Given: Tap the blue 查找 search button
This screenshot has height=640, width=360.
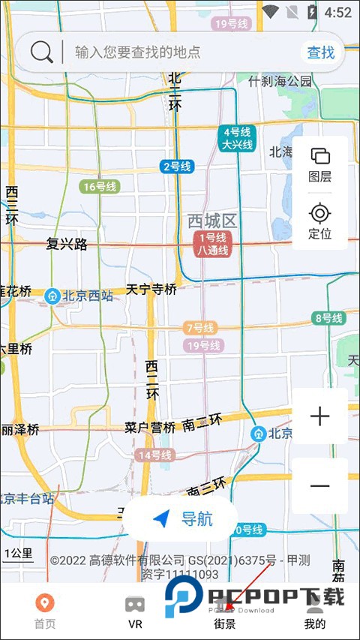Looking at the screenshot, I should tap(321, 53).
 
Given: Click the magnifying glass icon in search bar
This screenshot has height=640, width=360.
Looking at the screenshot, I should tap(42, 53).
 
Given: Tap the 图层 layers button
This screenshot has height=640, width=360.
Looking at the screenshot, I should tap(320, 164).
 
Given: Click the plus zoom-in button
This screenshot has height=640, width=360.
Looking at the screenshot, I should tap(320, 416).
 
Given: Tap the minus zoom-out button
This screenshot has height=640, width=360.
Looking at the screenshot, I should tap(320, 485).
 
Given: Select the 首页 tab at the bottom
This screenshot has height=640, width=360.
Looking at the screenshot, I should tap(45, 611).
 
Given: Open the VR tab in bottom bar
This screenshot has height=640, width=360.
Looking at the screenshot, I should tap(135, 611).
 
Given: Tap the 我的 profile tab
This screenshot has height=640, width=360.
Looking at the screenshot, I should tap(315, 611).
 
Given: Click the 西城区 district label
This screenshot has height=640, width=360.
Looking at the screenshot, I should tap(212, 221).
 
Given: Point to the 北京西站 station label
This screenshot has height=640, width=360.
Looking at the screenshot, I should tap(80, 296).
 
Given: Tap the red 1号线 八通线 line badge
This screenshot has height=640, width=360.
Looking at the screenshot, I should tap(212, 245).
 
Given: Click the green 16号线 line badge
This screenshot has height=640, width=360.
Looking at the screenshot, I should tap(99, 187).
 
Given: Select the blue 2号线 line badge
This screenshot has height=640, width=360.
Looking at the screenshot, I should tap(177, 167).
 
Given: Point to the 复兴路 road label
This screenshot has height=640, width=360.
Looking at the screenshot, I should tap(67, 244).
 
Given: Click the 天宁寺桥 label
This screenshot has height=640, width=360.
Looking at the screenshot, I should tap(151, 289).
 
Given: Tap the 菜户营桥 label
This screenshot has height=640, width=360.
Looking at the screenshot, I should tap(150, 428).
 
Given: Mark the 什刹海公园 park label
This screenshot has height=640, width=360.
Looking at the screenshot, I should tap(280, 80).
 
